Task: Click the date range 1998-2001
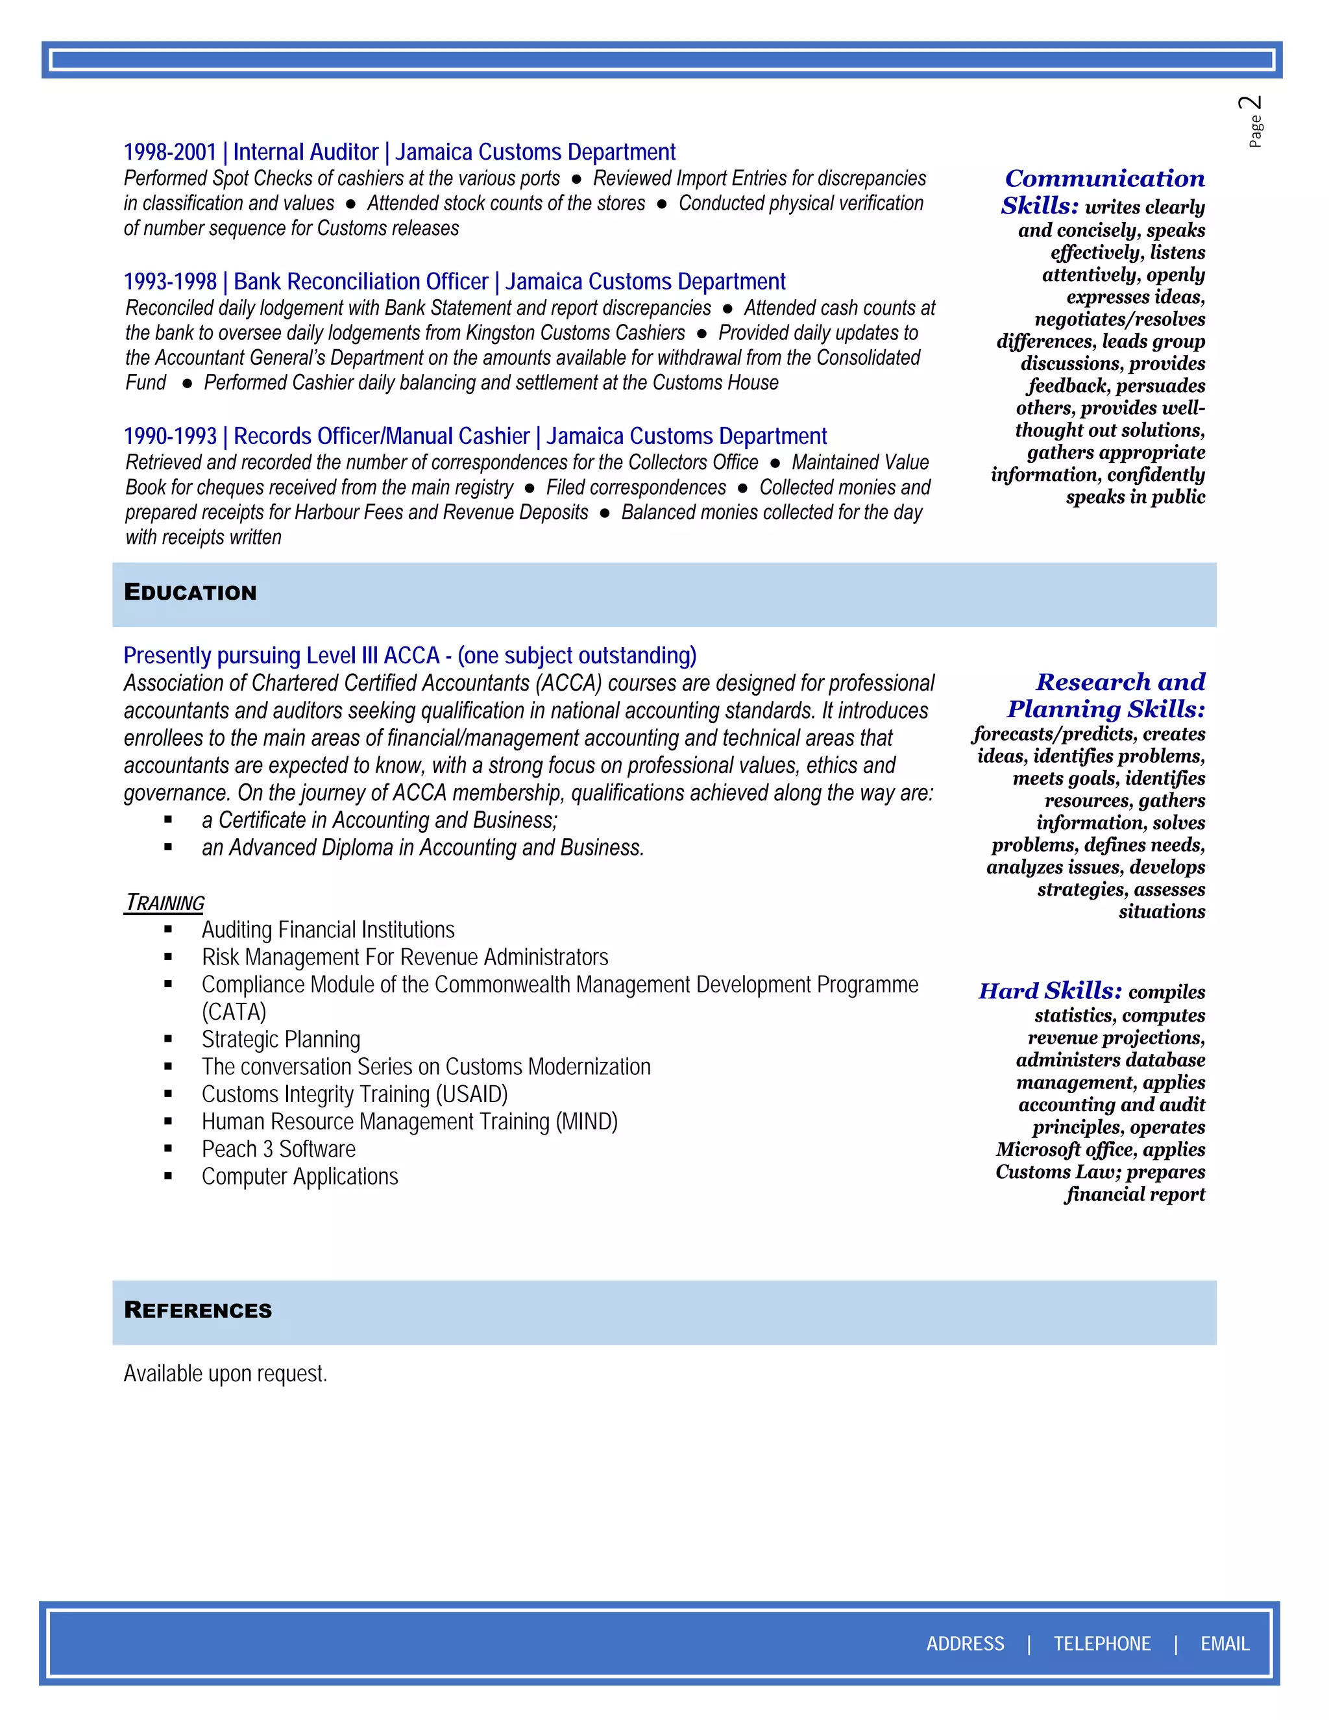tap(169, 152)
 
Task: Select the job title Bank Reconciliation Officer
tap(361, 281)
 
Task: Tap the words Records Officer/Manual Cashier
tap(381, 436)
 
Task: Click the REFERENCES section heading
tap(198, 1310)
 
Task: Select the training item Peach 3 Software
tap(278, 1149)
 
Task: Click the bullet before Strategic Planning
tap(169, 1040)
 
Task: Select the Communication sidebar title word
tap(1104, 178)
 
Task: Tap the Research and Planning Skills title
tap(1106, 695)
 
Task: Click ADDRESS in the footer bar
tap(964, 1643)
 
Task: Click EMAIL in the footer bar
tap(1225, 1643)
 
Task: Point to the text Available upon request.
tap(225, 1373)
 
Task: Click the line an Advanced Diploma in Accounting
tap(423, 848)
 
